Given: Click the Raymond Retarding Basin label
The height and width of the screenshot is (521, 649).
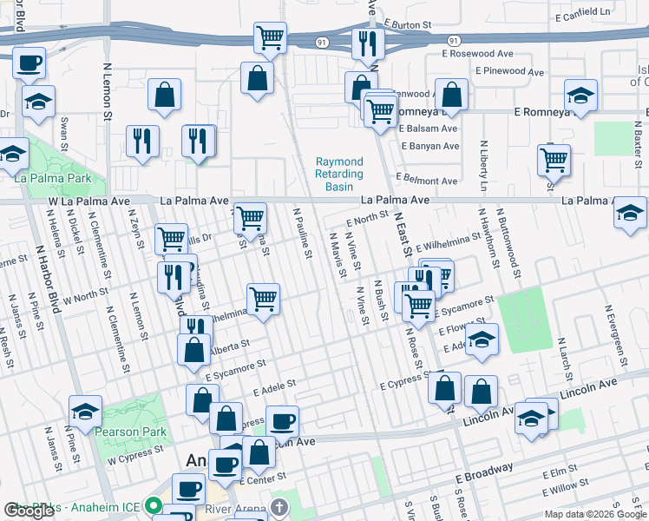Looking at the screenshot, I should (x=339, y=175).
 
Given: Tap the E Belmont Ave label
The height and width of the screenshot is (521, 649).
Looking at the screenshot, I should (x=429, y=181).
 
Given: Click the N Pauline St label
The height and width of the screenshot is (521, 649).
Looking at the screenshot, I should (x=303, y=233).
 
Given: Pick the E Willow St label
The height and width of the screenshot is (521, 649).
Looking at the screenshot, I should (x=570, y=490).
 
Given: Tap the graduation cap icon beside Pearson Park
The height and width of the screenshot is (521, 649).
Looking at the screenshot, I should (x=86, y=412).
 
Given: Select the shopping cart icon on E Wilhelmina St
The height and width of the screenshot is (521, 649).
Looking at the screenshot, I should (x=263, y=300).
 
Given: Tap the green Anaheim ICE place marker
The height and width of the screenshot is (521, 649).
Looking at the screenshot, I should (x=154, y=505).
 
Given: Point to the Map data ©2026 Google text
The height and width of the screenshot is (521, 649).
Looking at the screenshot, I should (x=595, y=514).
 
